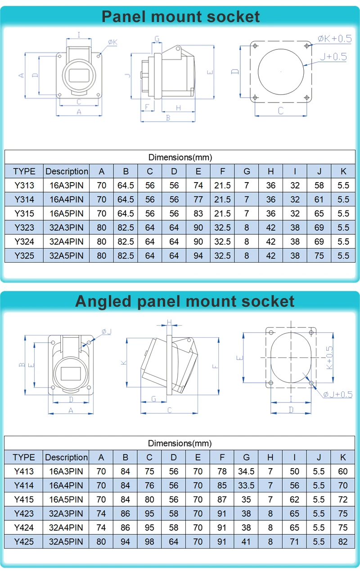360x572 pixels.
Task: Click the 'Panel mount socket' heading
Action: click(180, 17)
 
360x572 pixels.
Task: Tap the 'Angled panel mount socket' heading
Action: click(184, 301)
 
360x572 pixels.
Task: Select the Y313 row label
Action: click(24, 185)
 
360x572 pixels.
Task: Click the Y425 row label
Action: click(24, 541)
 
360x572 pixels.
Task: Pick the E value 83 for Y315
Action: click(198, 213)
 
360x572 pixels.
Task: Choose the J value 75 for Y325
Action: click(319, 255)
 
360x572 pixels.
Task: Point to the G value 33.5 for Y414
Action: click(246, 485)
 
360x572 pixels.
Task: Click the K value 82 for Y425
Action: click(343, 541)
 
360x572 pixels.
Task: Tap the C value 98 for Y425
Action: click(149, 541)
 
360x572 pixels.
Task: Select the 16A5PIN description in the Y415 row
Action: click(66, 499)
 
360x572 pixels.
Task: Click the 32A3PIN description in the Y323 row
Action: click(67, 228)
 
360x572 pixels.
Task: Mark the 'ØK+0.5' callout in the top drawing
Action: click(334, 39)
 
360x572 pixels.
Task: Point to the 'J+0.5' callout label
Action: click(333, 57)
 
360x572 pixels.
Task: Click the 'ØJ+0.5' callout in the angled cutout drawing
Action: click(337, 394)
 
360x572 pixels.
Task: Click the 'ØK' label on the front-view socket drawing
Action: click(112, 42)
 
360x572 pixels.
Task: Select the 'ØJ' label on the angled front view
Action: click(107, 331)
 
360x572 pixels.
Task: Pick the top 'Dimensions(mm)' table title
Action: click(180, 157)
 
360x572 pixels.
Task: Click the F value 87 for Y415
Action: click(222, 499)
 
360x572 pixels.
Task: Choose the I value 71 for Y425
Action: click(294, 541)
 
